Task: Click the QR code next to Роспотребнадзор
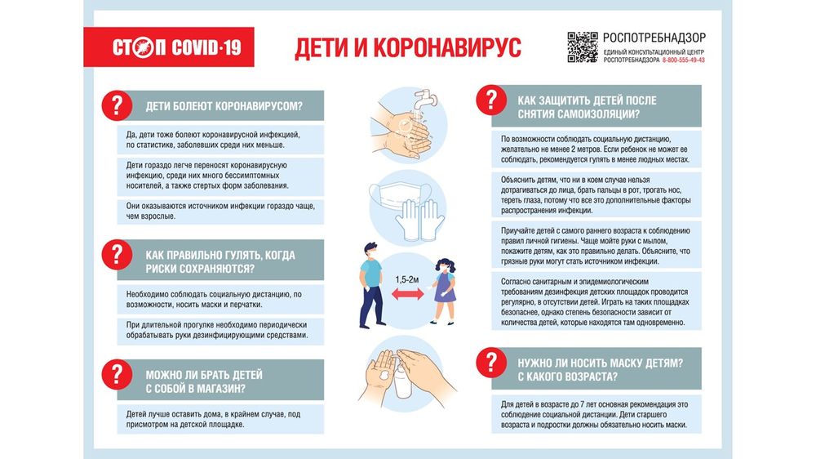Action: (x=583, y=47)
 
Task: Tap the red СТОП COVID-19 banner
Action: (x=176, y=47)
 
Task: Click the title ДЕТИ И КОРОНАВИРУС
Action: (x=407, y=47)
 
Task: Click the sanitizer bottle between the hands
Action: (x=405, y=381)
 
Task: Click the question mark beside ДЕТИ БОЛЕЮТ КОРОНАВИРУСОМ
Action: (x=116, y=104)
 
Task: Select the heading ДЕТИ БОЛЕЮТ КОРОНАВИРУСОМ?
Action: (x=224, y=105)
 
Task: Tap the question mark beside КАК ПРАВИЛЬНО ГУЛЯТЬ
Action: (x=116, y=253)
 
